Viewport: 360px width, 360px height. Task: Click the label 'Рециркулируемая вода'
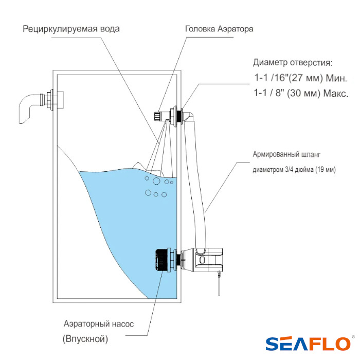pos(71,29)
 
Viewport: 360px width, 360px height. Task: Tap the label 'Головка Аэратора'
pos(219,29)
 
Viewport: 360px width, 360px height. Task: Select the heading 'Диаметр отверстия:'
pos(293,63)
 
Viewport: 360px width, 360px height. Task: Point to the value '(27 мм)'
pos(304,78)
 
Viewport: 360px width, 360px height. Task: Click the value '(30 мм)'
pos(303,93)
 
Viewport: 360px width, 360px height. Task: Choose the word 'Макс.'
pos(336,94)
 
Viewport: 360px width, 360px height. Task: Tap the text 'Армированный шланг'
pos(286,154)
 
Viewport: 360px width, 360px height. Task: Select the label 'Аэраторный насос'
pos(99,324)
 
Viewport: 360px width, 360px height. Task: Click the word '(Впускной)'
pos(85,339)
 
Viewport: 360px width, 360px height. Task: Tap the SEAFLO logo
pos(308,344)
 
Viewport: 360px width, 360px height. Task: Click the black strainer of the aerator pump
pos(163,260)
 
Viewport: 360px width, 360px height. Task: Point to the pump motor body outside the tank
pos(208,259)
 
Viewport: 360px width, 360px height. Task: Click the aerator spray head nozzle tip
pos(157,116)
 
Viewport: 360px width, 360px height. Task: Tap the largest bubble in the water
pos(156,181)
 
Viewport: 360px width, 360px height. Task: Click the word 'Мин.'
pos(336,78)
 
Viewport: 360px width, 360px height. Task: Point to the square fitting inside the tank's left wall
pos(60,101)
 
